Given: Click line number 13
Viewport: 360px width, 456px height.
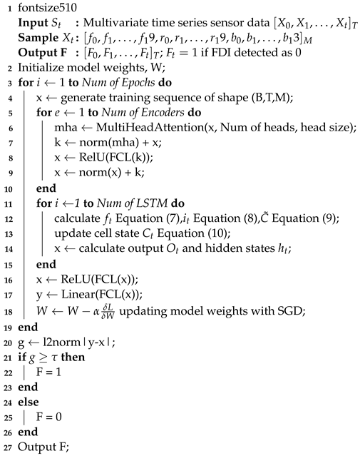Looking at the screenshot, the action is click(x=7, y=230).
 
